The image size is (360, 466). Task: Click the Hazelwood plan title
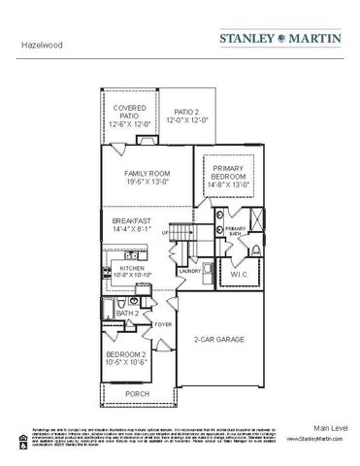[36, 44]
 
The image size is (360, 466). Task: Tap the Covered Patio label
[129, 116]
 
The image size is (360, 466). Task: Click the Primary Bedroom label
[228, 176]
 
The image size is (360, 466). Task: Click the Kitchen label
[132, 269]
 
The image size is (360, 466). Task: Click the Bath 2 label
[127, 314]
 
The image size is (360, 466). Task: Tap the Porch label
[140, 393]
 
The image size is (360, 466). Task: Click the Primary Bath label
[236, 231]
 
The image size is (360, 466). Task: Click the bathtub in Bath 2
[107, 310]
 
